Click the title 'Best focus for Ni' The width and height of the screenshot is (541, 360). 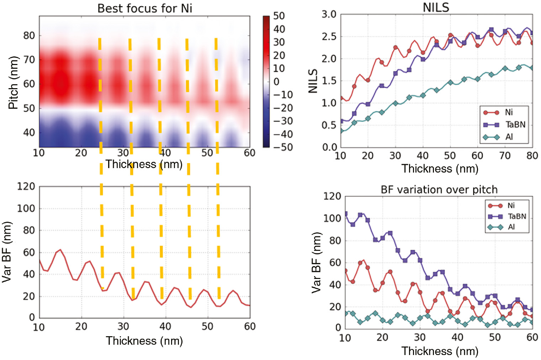pos(144,8)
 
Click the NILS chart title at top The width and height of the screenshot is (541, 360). pos(436,7)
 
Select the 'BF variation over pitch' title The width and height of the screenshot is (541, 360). pos(439,189)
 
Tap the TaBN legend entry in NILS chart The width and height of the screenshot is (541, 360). pos(515,125)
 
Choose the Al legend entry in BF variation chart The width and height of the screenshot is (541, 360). pos(511,227)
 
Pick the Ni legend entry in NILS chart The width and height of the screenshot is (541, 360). pos(509,112)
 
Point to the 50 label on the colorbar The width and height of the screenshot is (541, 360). pos(279,16)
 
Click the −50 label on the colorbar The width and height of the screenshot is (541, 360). pos(283,147)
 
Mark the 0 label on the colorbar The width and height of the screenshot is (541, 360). pos(276,82)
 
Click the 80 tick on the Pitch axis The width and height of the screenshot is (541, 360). pos(29,36)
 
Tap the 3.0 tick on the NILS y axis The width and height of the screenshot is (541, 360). pos(329,15)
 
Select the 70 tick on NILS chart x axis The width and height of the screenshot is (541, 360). pos(505,156)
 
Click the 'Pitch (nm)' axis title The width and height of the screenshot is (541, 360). pos(13,82)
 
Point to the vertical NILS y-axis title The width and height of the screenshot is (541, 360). pos(313,81)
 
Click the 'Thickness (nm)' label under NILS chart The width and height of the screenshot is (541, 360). pos(440,169)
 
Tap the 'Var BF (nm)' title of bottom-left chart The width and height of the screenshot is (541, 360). pos(7,252)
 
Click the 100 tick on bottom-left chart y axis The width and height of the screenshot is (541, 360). pos(26,209)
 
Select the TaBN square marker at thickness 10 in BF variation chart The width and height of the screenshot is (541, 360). pos(345,214)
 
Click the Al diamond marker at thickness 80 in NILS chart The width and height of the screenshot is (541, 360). pos(532,68)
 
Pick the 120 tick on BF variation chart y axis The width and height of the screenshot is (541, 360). pos(332,196)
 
